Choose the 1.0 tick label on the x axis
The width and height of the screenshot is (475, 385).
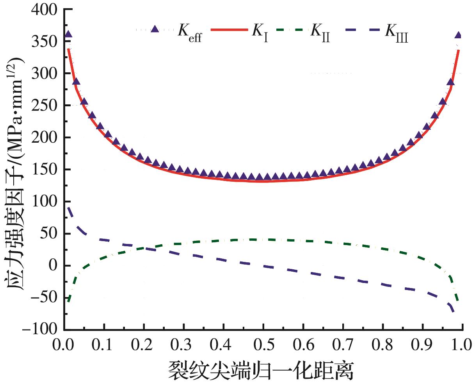pos(461,345)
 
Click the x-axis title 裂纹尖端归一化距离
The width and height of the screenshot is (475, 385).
pos(261,370)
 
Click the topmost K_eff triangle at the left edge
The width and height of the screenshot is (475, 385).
pos(68,34)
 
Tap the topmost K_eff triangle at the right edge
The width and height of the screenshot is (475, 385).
pos(458,35)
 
